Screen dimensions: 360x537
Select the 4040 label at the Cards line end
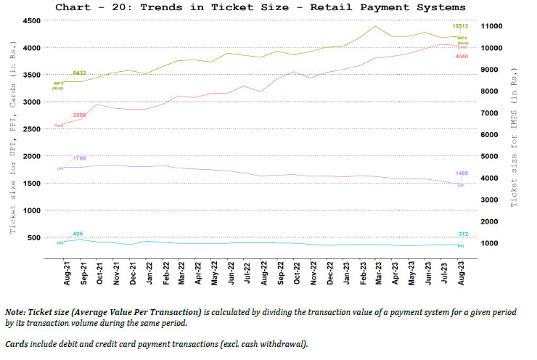click(462, 55)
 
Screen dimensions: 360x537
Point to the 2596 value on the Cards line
click(79, 115)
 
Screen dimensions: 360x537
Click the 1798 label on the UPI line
click(78, 157)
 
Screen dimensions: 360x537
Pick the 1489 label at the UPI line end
click(462, 173)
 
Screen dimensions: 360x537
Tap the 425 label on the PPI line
click(78, 233)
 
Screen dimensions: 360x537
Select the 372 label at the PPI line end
click(462, 233)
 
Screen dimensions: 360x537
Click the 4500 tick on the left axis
click(32, 21)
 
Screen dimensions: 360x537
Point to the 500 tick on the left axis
click(34, 237)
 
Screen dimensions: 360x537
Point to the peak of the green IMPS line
click(374, 26)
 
